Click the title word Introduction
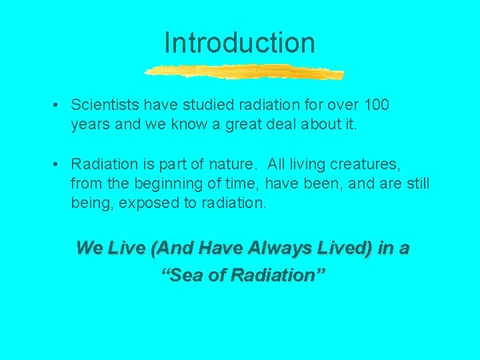click(x=239, y=43)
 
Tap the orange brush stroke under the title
click(x=244, y=71)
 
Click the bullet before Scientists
click(x=59, y=105)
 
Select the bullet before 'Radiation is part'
click(x=59, y=164)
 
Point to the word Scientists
click(x=104, y=105)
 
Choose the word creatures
click(x=365, y=164)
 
